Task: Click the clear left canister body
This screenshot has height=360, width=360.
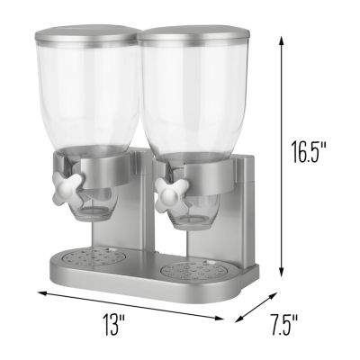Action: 88,99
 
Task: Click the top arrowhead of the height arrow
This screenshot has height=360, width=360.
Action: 283,37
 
